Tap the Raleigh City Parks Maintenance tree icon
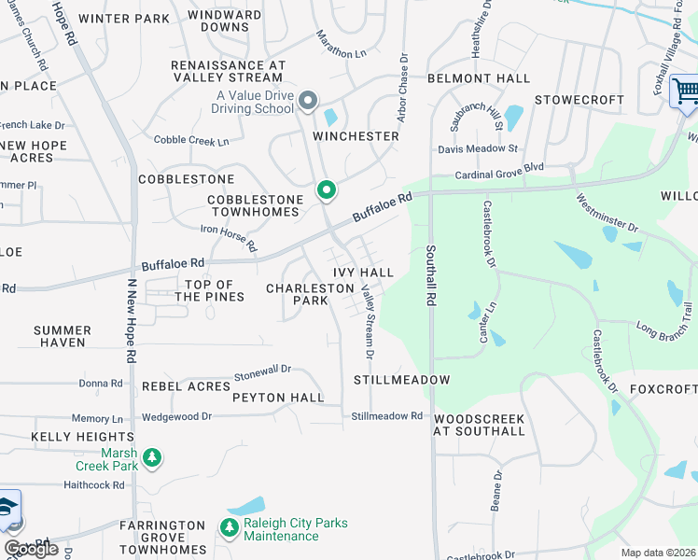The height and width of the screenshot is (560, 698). point(230,529)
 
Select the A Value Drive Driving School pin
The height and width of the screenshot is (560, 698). point(309,100)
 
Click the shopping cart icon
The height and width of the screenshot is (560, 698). point(686,91)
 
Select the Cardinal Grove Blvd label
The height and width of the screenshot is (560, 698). point(498,172)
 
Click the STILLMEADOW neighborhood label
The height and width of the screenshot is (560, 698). point(402,380)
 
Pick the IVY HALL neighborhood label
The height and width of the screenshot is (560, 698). point(363,272)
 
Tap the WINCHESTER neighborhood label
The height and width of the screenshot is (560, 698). point(356,136)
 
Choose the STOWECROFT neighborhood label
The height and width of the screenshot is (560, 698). point(579,99)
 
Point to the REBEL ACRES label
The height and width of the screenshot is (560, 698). point(186,386)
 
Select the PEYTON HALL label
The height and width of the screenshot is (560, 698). point(278,398)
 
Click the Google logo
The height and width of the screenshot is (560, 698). point(31,548)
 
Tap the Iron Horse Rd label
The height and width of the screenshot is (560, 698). point(229,238)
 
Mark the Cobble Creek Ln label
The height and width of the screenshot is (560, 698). point(190,141)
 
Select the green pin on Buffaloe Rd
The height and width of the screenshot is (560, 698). point(326,190)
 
